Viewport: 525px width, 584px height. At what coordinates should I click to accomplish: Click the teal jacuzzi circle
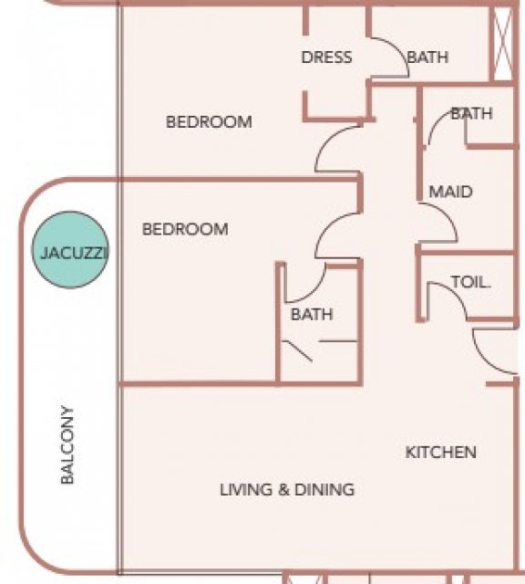[70, 250]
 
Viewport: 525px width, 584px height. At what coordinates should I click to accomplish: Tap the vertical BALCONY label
[67, 444]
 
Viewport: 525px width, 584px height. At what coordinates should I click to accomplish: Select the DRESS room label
[326, 57]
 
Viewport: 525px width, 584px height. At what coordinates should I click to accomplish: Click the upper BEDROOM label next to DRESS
[209, 122]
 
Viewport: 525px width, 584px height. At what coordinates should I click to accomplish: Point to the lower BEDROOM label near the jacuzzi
[185, 229]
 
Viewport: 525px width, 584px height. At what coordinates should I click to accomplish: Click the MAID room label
[450, 192]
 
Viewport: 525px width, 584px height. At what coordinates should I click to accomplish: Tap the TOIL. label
[470, 282]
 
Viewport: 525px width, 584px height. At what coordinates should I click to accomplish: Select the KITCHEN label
[440, 453]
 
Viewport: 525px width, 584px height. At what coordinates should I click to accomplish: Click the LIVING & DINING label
[287, 489]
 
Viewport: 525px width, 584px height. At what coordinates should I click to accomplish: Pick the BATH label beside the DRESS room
[427, 57]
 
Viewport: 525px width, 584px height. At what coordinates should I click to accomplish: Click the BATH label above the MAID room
[472, 113]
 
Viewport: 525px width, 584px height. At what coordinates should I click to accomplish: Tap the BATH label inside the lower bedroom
[312, 314]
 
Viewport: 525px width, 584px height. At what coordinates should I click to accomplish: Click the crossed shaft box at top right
[503, 44]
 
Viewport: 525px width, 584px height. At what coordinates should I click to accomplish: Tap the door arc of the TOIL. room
[456, 294]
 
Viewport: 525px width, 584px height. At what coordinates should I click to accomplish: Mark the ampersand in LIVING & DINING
[283, 490]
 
